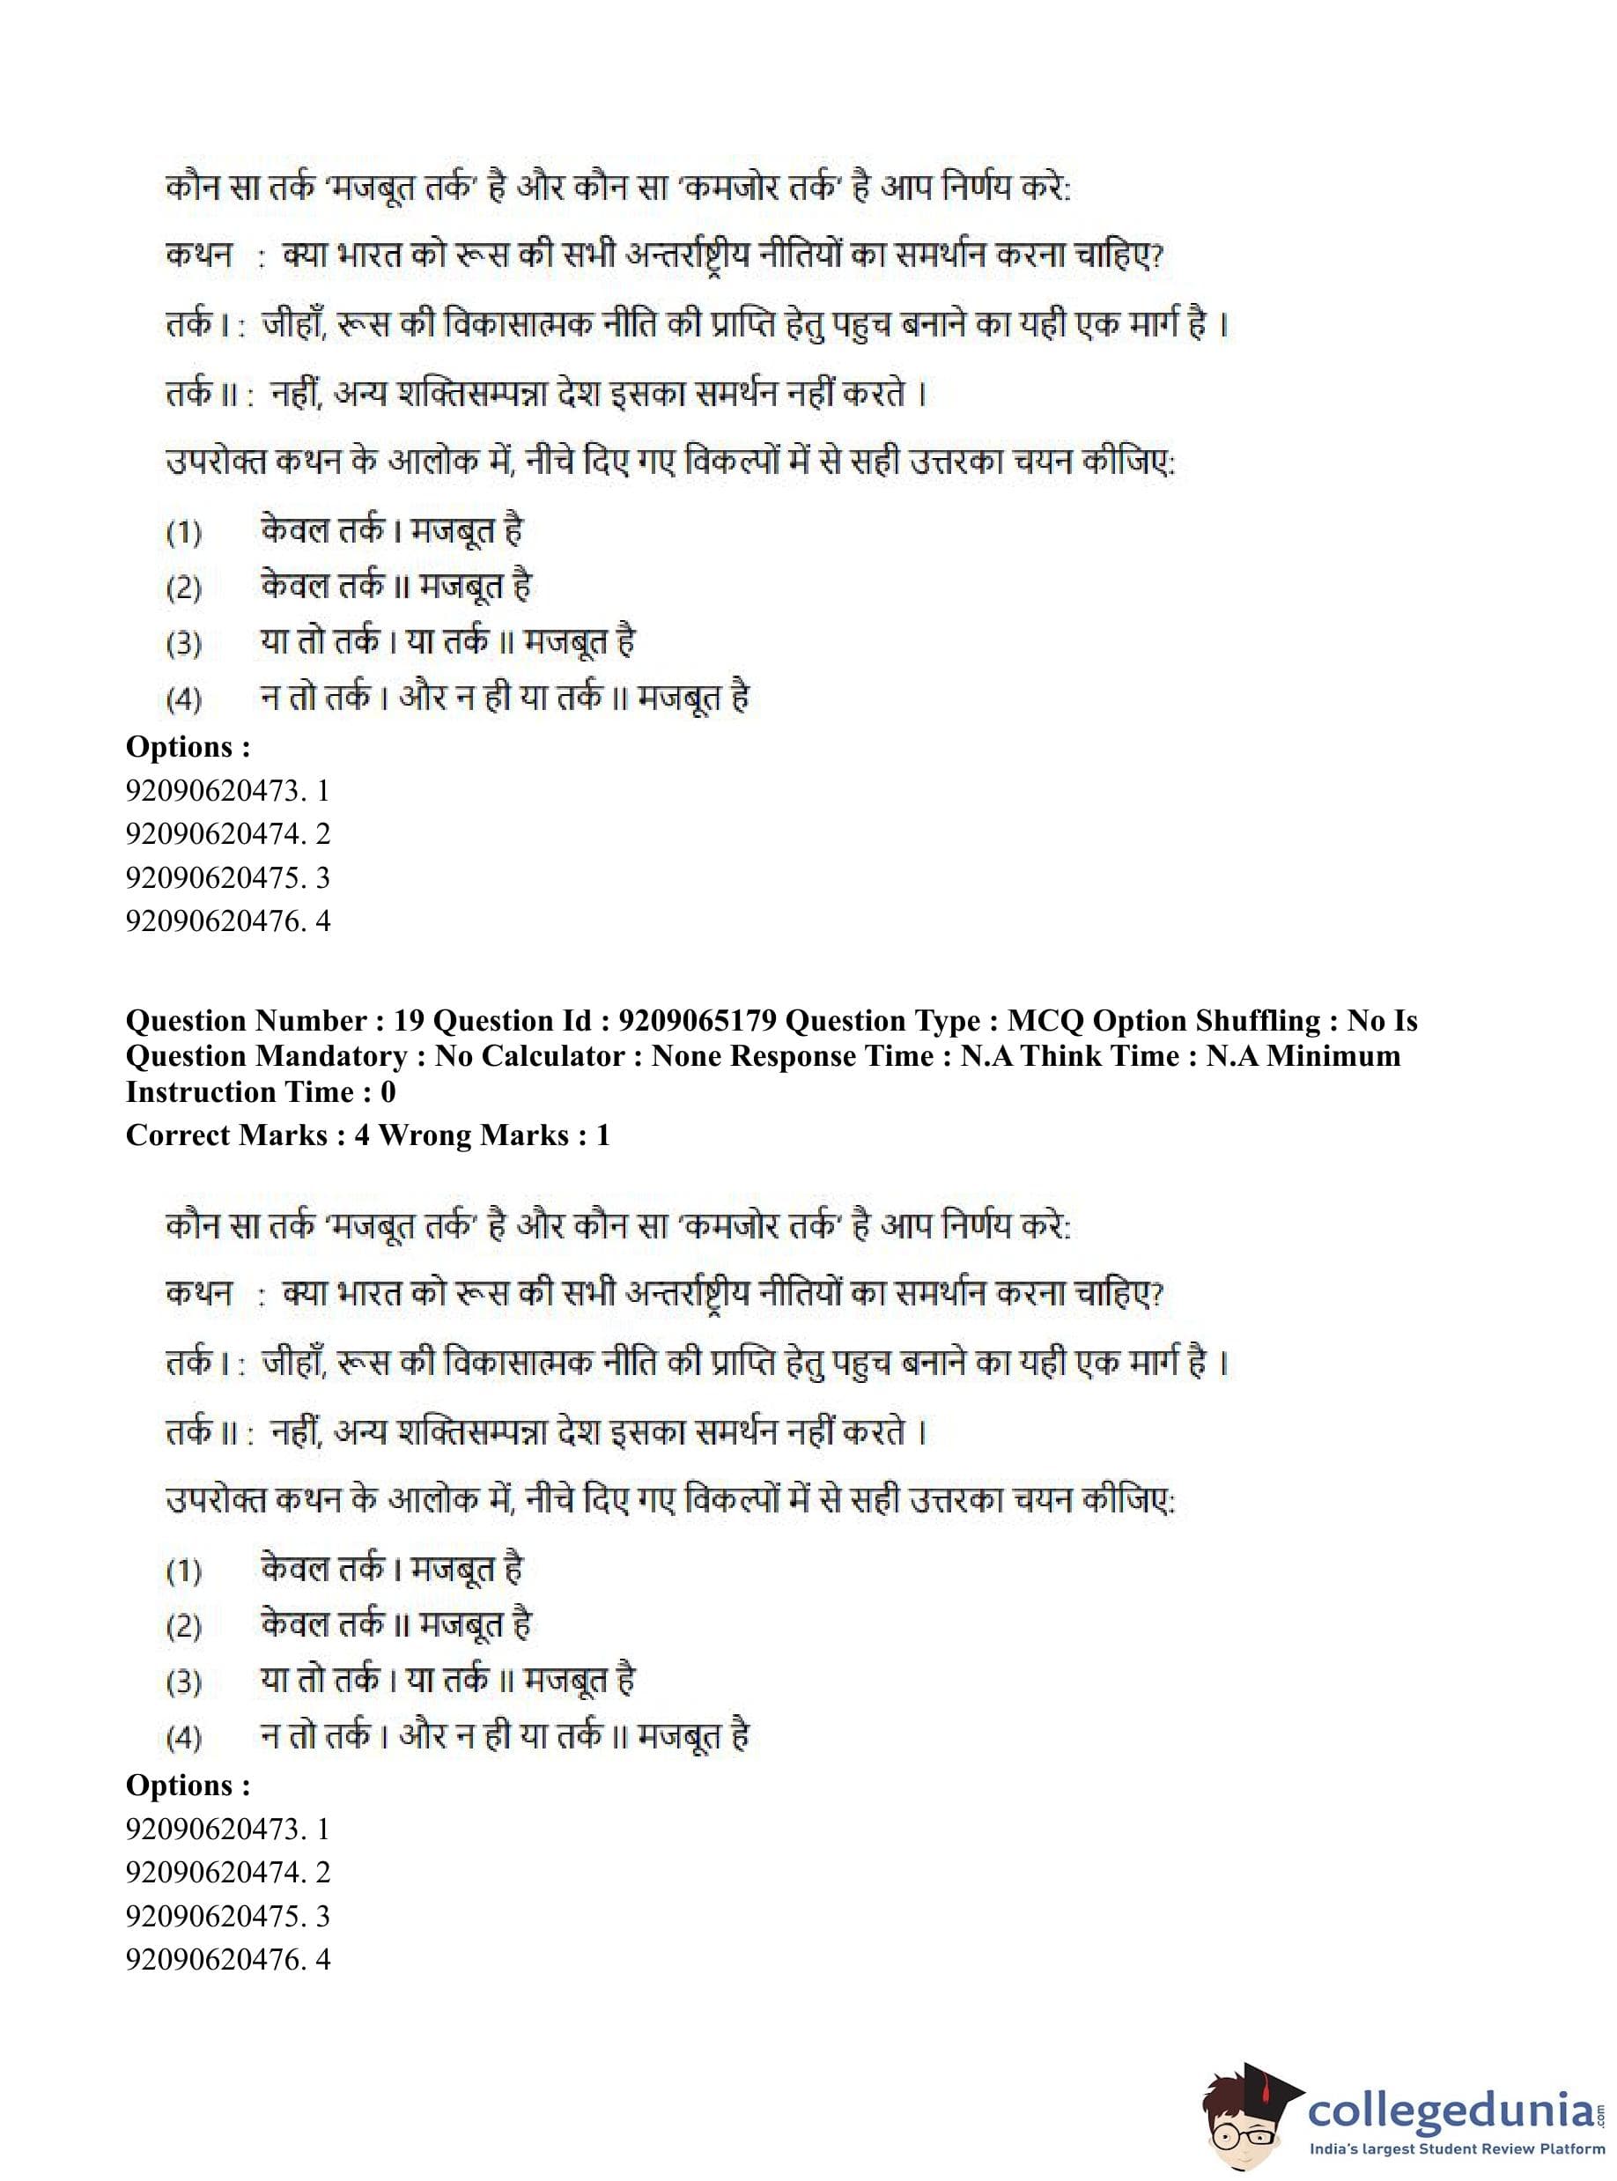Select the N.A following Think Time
pyautogui.click(x=1237, y=1056)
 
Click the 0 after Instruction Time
pyautogui.click(x=387, y=1091)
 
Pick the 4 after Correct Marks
pyautogui.click(x=362, y=1135)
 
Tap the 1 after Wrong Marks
pyautogui.click(x=603, y=1135)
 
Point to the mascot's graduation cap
pyautogui.click(x=1263, y=2085)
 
